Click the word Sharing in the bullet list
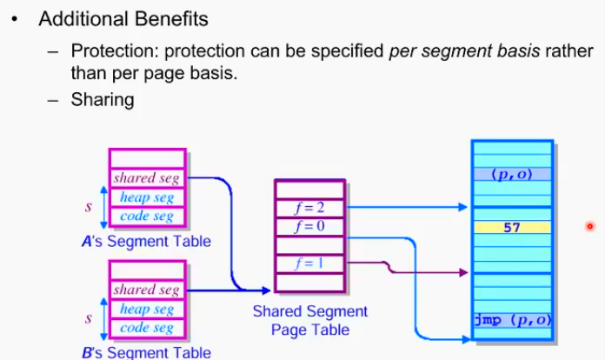tap(103, 99)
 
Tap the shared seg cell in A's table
tap(146, 178)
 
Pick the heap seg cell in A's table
tap(146, 197)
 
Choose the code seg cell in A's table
tap(146, 217)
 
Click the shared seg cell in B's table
tap(146, 290)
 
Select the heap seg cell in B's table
tap(146, 309)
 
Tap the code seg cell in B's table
tap(146, 328)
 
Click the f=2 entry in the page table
tap(310, 208)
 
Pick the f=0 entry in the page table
tap(310, 227)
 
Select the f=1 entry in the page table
tap(310, 263)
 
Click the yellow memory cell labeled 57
tap(511, 228)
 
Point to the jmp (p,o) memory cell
tap(511, 319)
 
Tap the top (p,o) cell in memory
tap(511, 173)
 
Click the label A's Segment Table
tap(145, 241)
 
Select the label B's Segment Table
tap(145, 352)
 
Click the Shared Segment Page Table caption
tap(309, 320)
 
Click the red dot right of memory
tap(589, 227)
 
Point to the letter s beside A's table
tap(89, 208)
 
